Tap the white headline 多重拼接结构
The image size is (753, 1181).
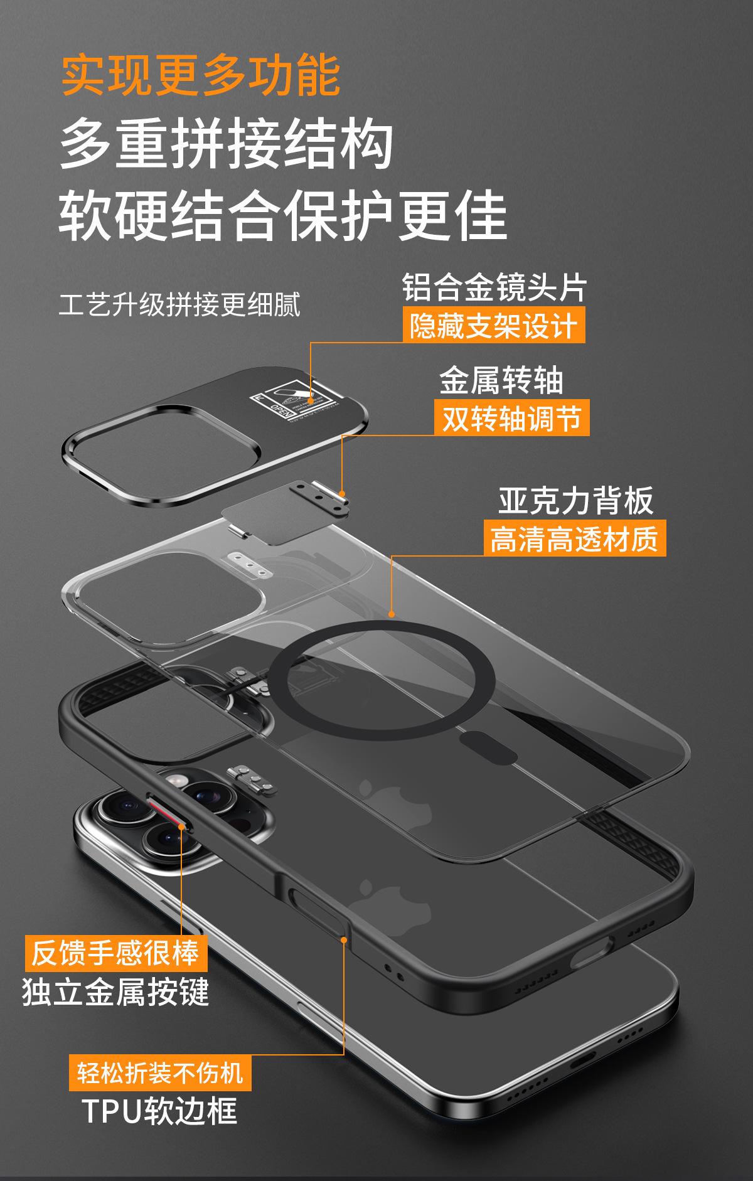(226, 146)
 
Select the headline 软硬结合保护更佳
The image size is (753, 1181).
(282, 216)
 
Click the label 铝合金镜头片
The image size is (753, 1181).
(494, 288)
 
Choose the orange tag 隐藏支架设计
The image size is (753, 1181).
(493, 326)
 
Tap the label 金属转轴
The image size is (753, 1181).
(501, 380)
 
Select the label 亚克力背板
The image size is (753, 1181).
(576, 500)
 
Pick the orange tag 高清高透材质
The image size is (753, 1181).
(574, 538)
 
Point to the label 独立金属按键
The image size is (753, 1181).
(115, 992)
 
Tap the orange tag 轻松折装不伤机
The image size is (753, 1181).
(160, 1072)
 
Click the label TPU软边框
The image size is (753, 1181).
(160, 1111)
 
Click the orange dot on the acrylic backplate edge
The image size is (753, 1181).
(392, 614)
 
